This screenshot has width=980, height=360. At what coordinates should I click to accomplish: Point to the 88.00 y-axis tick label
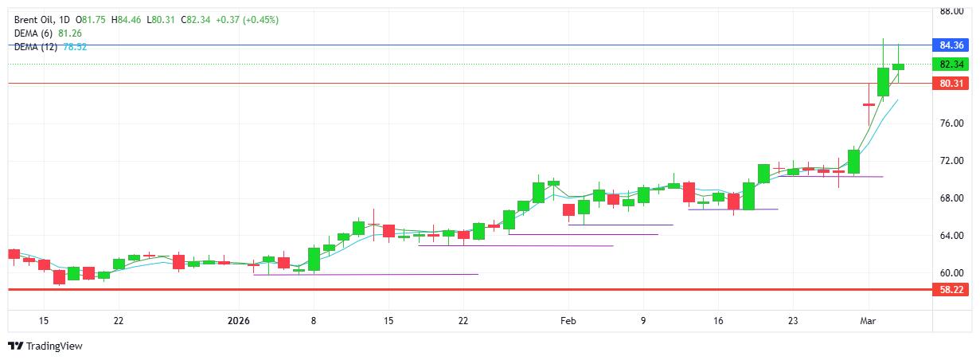[952, 11]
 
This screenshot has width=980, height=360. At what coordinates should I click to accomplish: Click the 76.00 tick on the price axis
[952, 123]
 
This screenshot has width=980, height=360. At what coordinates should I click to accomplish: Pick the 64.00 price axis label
[952, 236]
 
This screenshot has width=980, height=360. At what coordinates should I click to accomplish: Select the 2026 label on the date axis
[239, 321]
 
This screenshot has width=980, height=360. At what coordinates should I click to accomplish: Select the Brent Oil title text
[33, 19]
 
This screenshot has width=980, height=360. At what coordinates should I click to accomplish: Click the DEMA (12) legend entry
[36, 47]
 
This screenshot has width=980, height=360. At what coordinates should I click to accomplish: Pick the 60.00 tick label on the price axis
[952, 273]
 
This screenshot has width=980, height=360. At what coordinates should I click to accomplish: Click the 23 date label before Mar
[793, 321]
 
